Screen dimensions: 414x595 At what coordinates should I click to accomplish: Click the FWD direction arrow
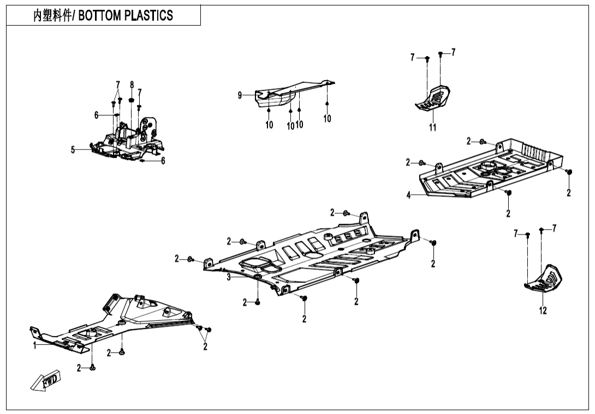[46, 380]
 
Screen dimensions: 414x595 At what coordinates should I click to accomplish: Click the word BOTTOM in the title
[99, 16]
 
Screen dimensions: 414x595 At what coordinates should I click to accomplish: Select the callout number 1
[34, 345]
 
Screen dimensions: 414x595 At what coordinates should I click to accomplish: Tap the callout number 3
[229, 277]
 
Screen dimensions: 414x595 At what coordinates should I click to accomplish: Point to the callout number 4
[408, 196]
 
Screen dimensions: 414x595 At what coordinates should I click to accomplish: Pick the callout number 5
[73, 150]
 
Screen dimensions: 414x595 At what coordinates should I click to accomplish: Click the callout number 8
[132, 85]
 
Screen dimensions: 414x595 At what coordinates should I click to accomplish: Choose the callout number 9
[240, 95]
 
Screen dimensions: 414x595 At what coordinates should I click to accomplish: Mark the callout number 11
[432, 128]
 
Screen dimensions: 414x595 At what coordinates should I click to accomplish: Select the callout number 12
[543, 311]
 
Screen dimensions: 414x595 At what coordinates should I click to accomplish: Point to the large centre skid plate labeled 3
[317, 256]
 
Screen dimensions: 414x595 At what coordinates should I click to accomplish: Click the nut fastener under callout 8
[132, 100]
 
